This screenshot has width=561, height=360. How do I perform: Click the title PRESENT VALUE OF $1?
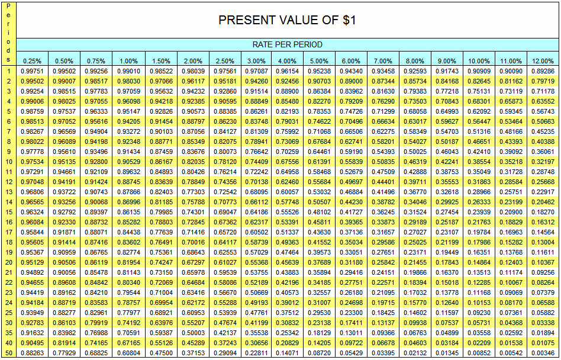[287, 20]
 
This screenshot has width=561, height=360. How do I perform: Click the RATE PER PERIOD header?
[287, 44]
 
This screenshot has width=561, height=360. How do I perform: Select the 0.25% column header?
[32, 61]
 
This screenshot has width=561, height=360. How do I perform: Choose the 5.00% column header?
[319, 61]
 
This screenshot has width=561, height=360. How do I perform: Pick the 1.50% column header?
[160, 61]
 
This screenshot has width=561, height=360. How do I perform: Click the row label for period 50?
[9, 353]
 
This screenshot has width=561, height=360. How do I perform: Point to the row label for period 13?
[9, 192]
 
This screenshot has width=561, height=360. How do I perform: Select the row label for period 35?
[9, 333]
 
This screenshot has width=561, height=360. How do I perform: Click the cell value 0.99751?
[32, 71]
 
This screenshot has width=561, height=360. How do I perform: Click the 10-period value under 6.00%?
[351, 162]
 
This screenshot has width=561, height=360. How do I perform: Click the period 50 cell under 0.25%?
[32, 353]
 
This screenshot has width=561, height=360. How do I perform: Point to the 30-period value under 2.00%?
[192, 323]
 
